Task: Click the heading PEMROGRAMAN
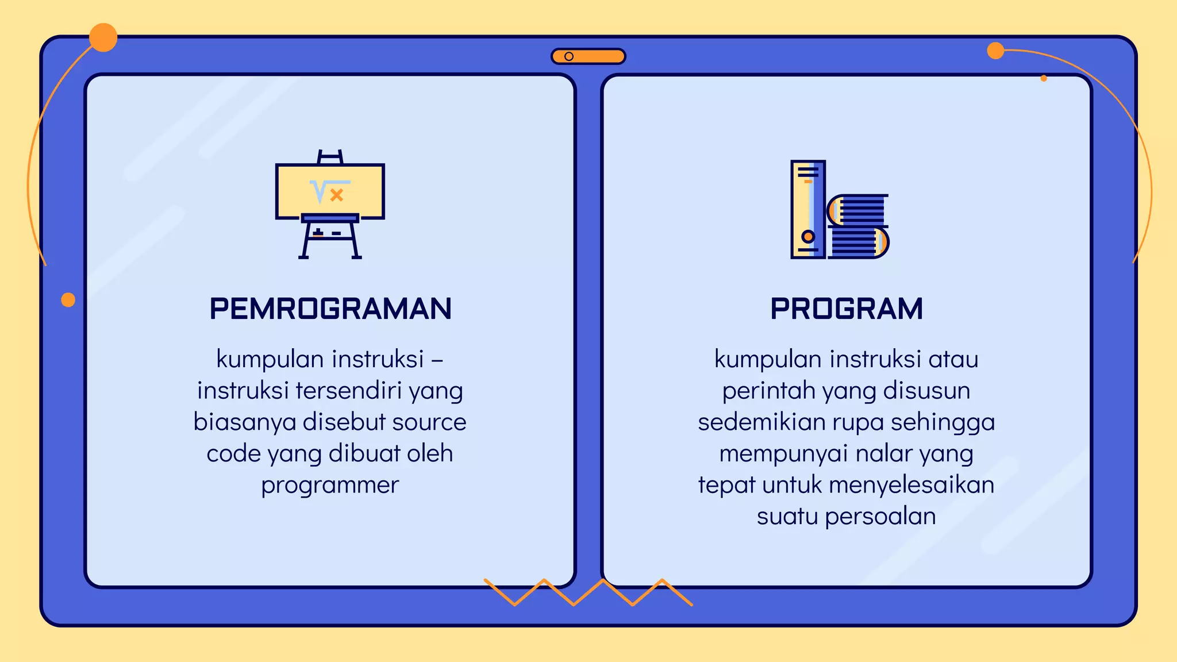(x=330, y=309)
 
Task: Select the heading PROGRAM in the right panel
(x=847, y=309)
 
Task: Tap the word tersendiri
(x=349, y=391)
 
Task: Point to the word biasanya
(x=245, y=422)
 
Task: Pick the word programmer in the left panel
(x=330, y=486)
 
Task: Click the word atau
(x=953, y=359)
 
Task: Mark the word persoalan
(x=880, y=517)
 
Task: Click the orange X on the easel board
(x=337, y=195)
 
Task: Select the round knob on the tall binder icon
(x=808, y=236)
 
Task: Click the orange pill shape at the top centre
(x=588, y=56)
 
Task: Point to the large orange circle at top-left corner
(x=103, y=38)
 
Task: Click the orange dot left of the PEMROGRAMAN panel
(x=68, y=300)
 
